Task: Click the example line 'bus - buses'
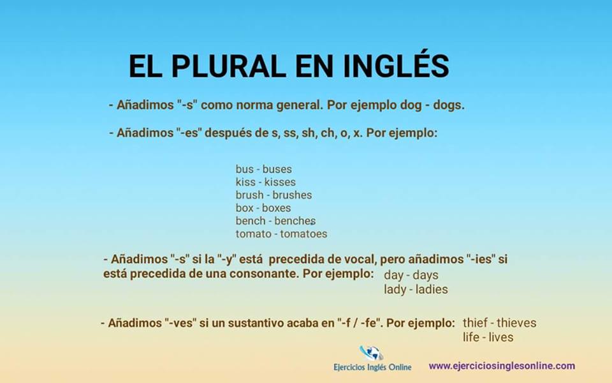263,169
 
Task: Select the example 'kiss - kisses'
265,182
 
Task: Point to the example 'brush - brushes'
273,195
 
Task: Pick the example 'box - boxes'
263,208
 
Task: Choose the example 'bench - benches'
275,221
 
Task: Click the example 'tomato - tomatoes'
281,234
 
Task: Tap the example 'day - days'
411,275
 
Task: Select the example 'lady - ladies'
416,289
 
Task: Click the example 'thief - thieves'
499,322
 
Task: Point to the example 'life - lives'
488,337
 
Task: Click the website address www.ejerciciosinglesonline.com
502,366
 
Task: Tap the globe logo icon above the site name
371,353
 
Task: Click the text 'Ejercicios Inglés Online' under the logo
372,367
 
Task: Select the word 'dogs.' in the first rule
449,105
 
